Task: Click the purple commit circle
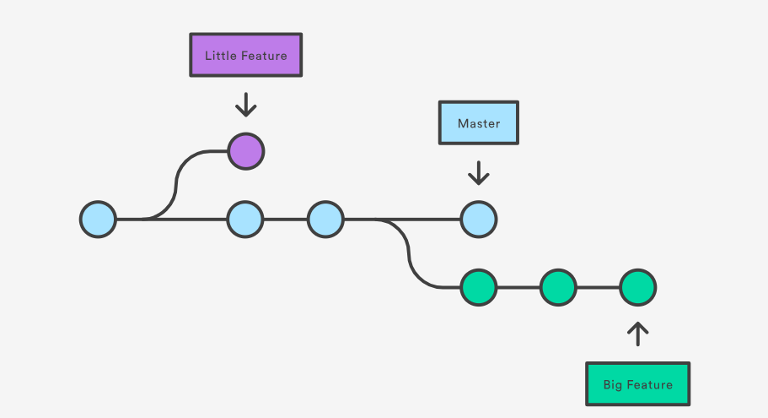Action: pyautogui.click(x=245, y=152)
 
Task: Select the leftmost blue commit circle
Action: pyautogui.click(x=98, y=219)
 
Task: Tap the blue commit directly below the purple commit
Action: pyautogui.click(x=245, y=219)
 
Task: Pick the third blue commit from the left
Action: pyautogui.click(x=325, y=219)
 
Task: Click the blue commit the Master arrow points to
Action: pyautogui.click(x=478, y=219)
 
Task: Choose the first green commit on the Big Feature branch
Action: pyautogui.click(x=478, y=288)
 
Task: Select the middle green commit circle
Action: pyautogui.click(x=557, y=288)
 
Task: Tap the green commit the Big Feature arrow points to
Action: pyautogui.click(x=637, y=288)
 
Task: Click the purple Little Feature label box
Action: pyautogui.click(x=245, y=56)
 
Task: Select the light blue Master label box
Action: pyautogui.click(x=478, y=123)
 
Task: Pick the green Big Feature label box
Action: pyautogui.click(x=637, y=384)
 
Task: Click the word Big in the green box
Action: pyautogui.click(x=613, y=385)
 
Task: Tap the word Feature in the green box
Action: pyautogui.click(x=649, y=385)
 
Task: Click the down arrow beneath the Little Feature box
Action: pyautogui.click(x=245, y=105)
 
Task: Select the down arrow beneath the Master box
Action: pyautogui.click(x=478, y=173)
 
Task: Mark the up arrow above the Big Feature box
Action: pyautogui.click(x=637, y=334)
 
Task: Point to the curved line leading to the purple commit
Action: pyautogui.click(x=179, y=181)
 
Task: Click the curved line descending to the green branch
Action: pyautogui.click(x=411, y=254)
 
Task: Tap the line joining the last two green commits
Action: pyautogui.click(x=598, y=288)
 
